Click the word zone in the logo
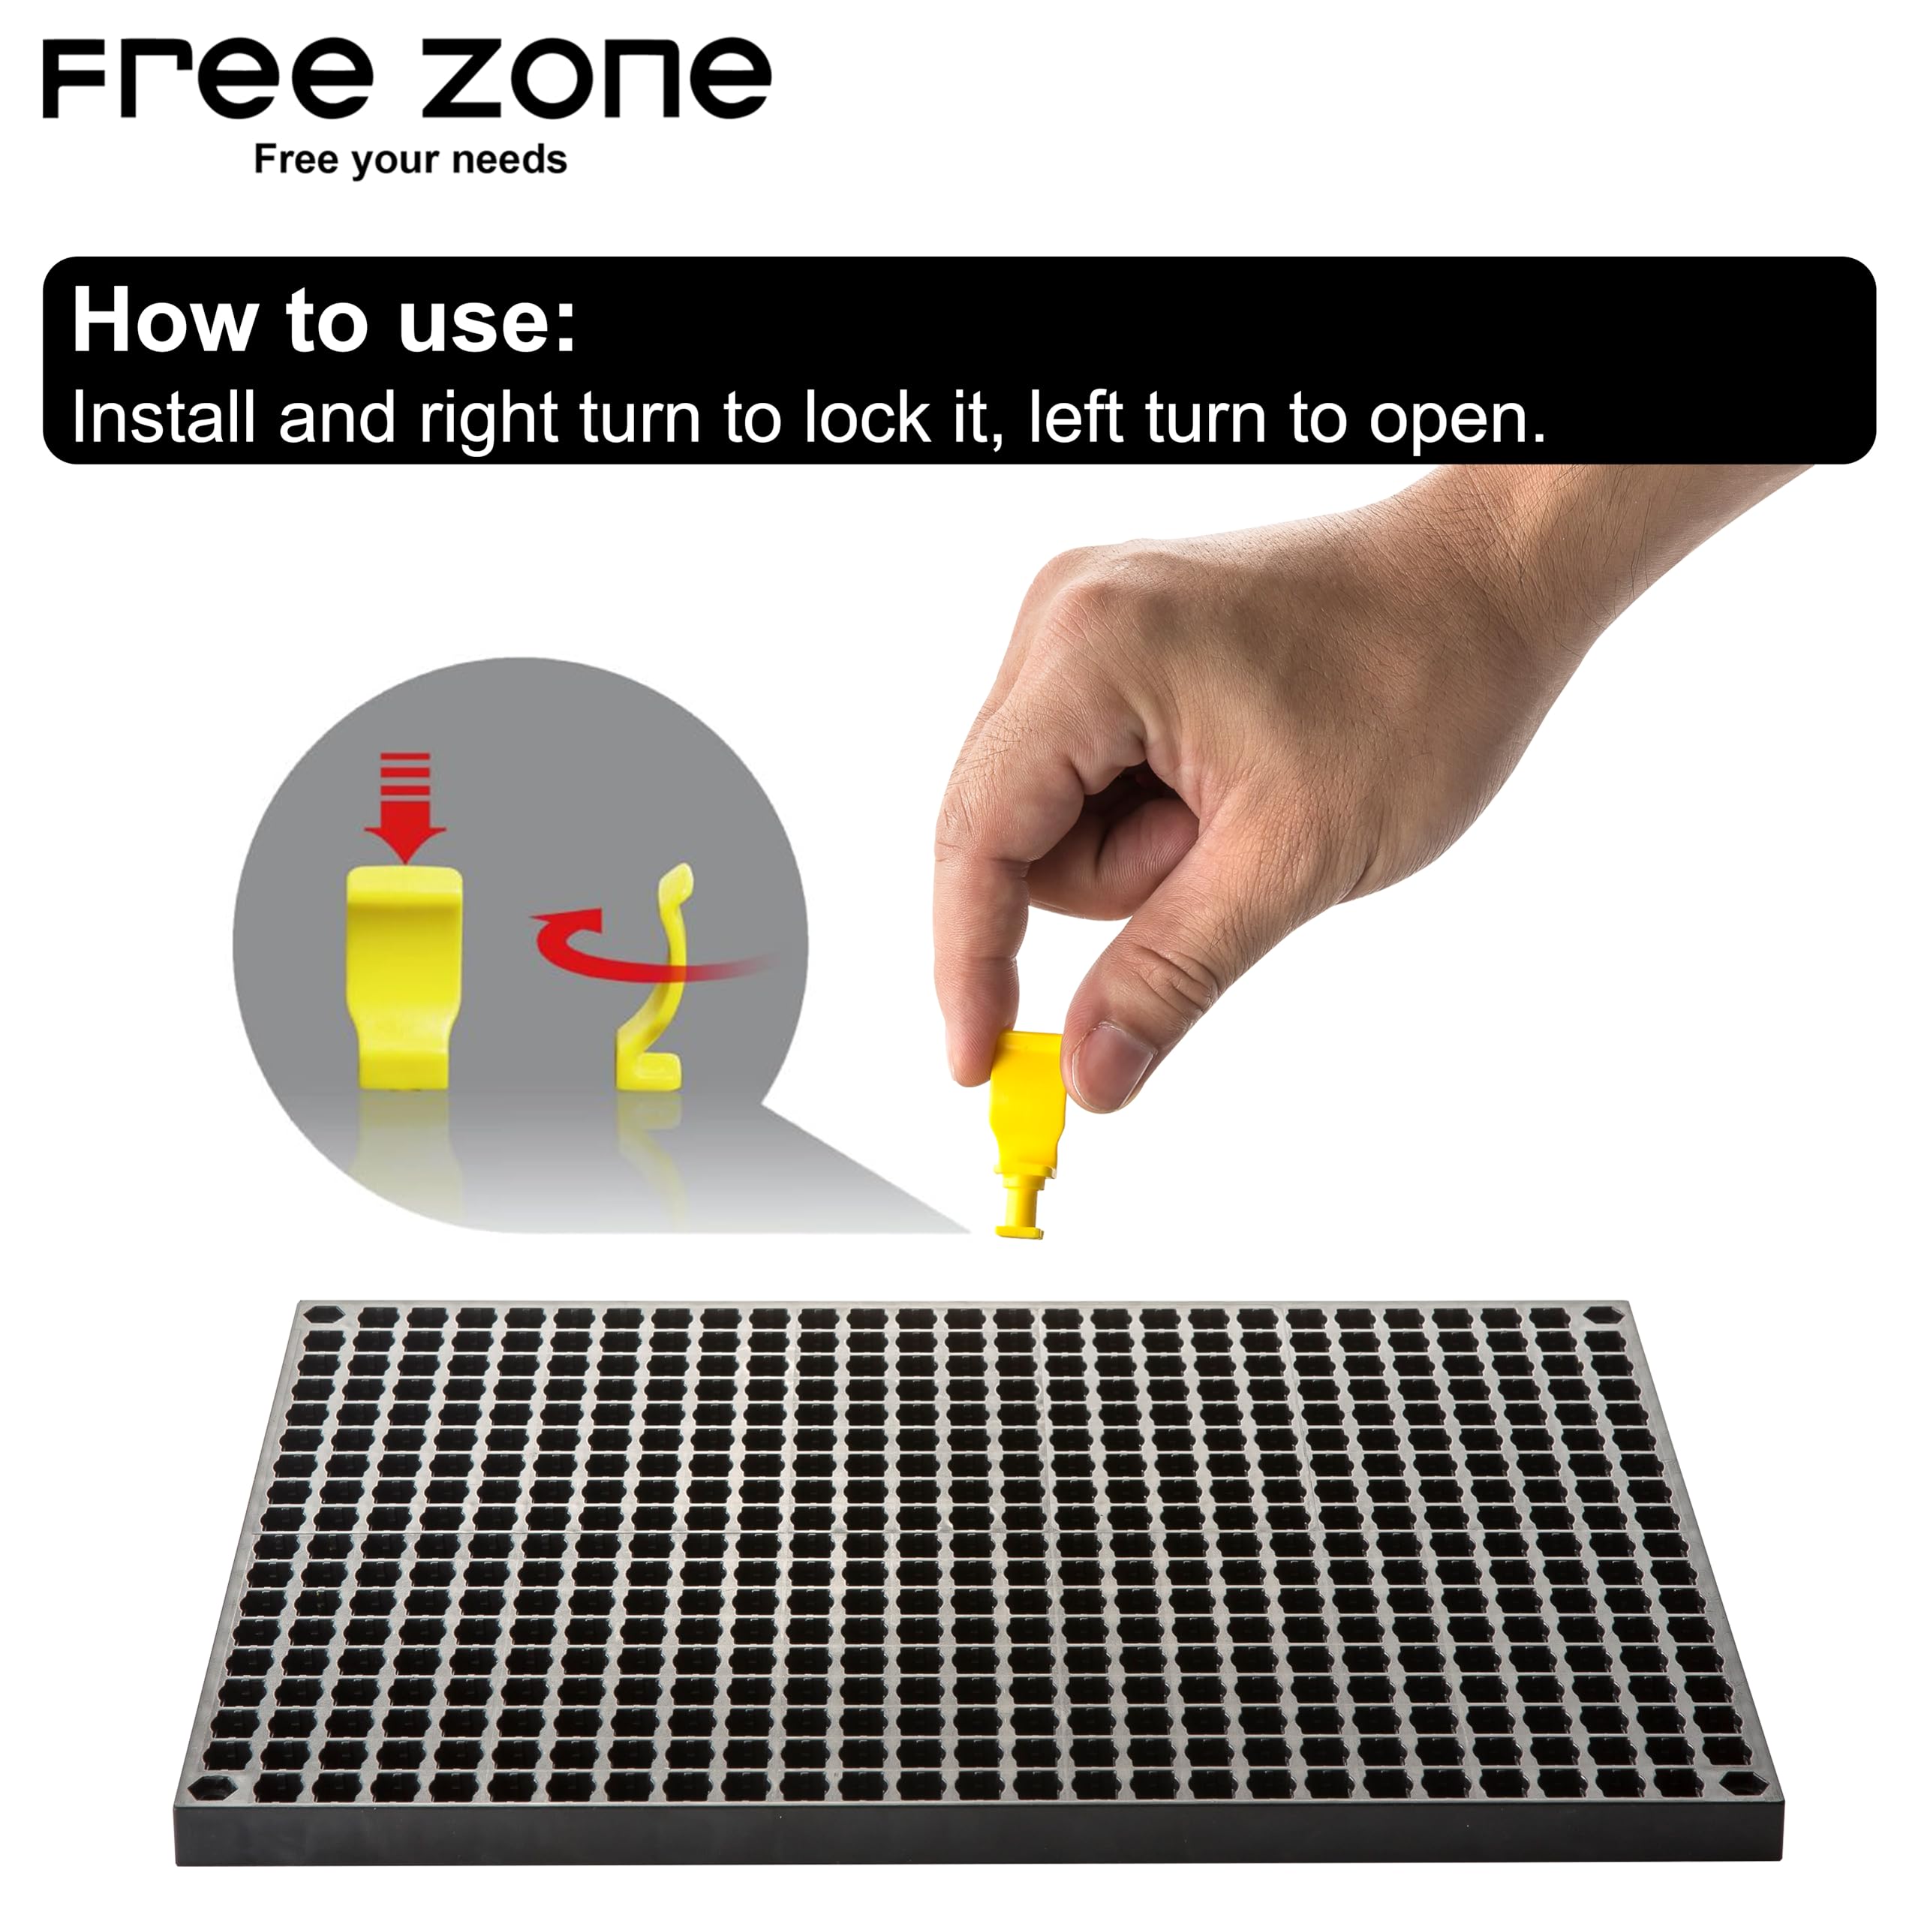[x=597, y=80]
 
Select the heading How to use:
[x=324, y=320]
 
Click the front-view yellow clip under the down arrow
[x=404, y=975]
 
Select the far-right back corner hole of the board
[x=1603, y=1316]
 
